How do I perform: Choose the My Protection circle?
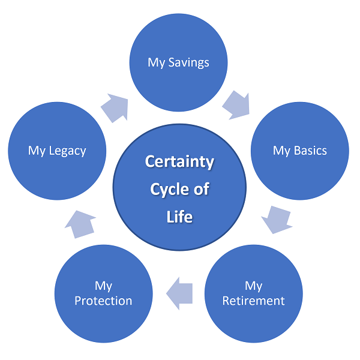tap(103, 293)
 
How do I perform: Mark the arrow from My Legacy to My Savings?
tap(116, 107)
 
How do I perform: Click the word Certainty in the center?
tap(179, 162)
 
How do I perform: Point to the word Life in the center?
tap(179, 217)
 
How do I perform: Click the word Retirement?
tap(253, 301)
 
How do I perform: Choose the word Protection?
tap(103, 301)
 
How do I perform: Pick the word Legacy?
tap(67, 151)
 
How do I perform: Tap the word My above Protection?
tap(103, 286)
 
